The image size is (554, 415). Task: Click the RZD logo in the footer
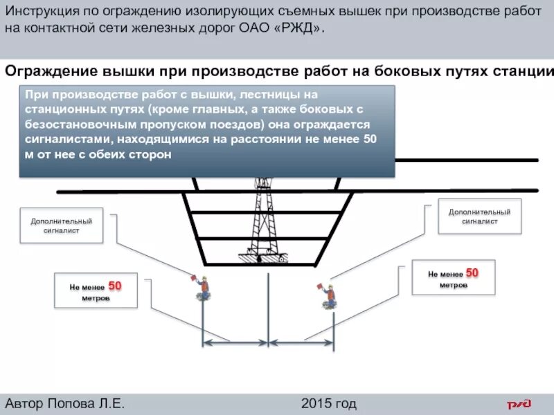click(x=519, y=404)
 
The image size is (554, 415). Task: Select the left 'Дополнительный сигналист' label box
click(x=61, y=225)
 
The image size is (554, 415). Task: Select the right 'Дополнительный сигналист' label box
click(x=479, y=216)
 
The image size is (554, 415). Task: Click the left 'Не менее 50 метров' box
click(x=96, y=290)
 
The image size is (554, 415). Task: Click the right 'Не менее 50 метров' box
click(x=454, y=277)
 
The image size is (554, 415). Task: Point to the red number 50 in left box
click(x=115, y=285)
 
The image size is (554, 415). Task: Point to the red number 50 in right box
click(x=472, y=273)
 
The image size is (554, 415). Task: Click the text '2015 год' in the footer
click(x=329, y=404)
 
